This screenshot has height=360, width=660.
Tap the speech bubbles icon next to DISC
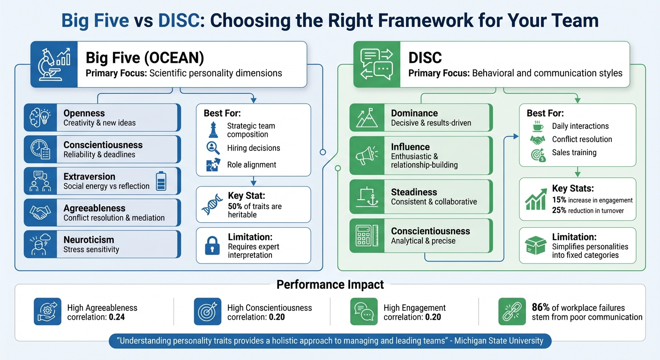tap(376, 64)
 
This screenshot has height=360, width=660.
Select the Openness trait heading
tap(84, 113)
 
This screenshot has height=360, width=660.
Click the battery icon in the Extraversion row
tap(160, 181)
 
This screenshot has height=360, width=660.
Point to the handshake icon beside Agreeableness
tap(40, 212)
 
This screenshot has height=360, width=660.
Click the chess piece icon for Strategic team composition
tap(213, 130)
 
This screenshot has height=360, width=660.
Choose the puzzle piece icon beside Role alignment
tap(213, 165)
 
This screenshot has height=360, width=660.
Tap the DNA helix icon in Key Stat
tap(212, 204)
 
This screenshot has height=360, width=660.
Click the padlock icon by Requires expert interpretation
tap(212, 246)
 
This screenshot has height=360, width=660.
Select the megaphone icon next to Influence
tap(367, 154)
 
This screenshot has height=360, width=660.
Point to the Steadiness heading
tap(414, 192)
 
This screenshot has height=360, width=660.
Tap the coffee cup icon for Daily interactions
tap(538, 126)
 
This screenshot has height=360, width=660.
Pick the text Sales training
tap(574, 152)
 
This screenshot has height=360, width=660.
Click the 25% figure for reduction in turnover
tap(559, 210)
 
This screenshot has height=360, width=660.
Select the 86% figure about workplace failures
tap(540, 307)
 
